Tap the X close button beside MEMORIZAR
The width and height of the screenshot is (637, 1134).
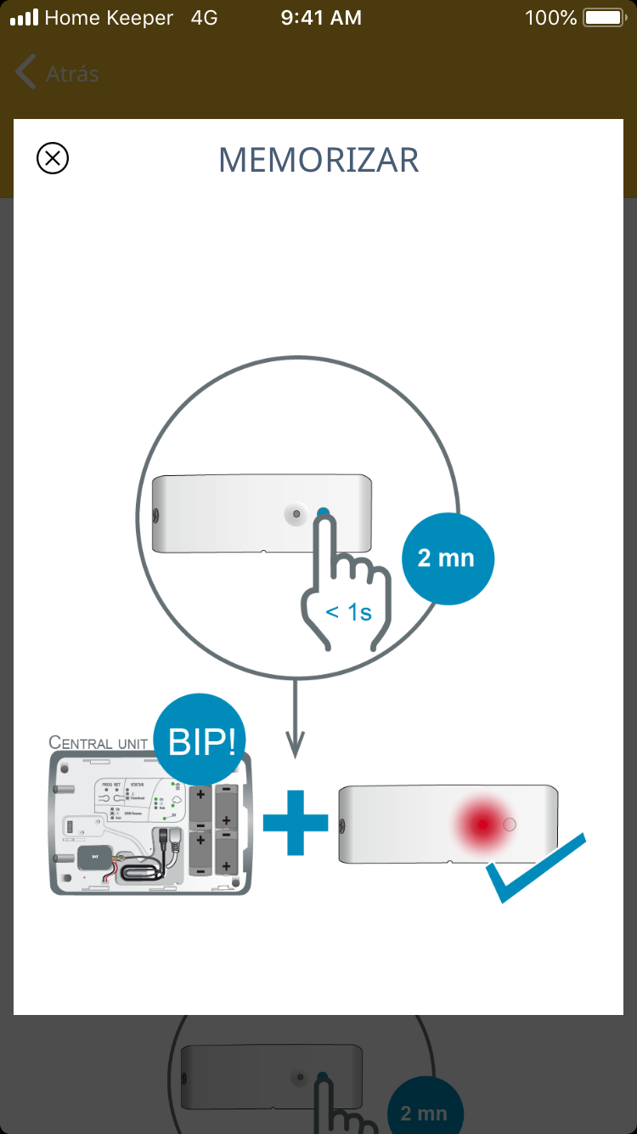[53, 158]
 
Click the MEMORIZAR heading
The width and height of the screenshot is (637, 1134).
[318, 161]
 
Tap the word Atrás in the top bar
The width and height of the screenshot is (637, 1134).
[72, 74]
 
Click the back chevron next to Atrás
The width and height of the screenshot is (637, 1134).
[25, 73]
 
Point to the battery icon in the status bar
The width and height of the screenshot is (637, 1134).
[604, 18]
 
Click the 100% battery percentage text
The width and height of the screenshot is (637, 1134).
[551, 18]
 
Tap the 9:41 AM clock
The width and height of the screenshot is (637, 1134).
[321, 18]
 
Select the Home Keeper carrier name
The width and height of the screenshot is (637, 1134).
[109, 18]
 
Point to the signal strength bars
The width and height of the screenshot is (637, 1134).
[25, 18]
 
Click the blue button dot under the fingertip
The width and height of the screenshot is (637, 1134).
[324, 513]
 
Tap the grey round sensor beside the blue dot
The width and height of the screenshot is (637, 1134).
[296, 513]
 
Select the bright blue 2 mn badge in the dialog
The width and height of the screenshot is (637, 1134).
[447, 558]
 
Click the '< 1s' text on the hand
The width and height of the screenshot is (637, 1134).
[348, 612]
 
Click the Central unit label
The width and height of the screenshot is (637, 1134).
[99, 743]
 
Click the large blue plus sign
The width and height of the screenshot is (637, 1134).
[295, 822]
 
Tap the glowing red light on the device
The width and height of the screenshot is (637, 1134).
[482, 824]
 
